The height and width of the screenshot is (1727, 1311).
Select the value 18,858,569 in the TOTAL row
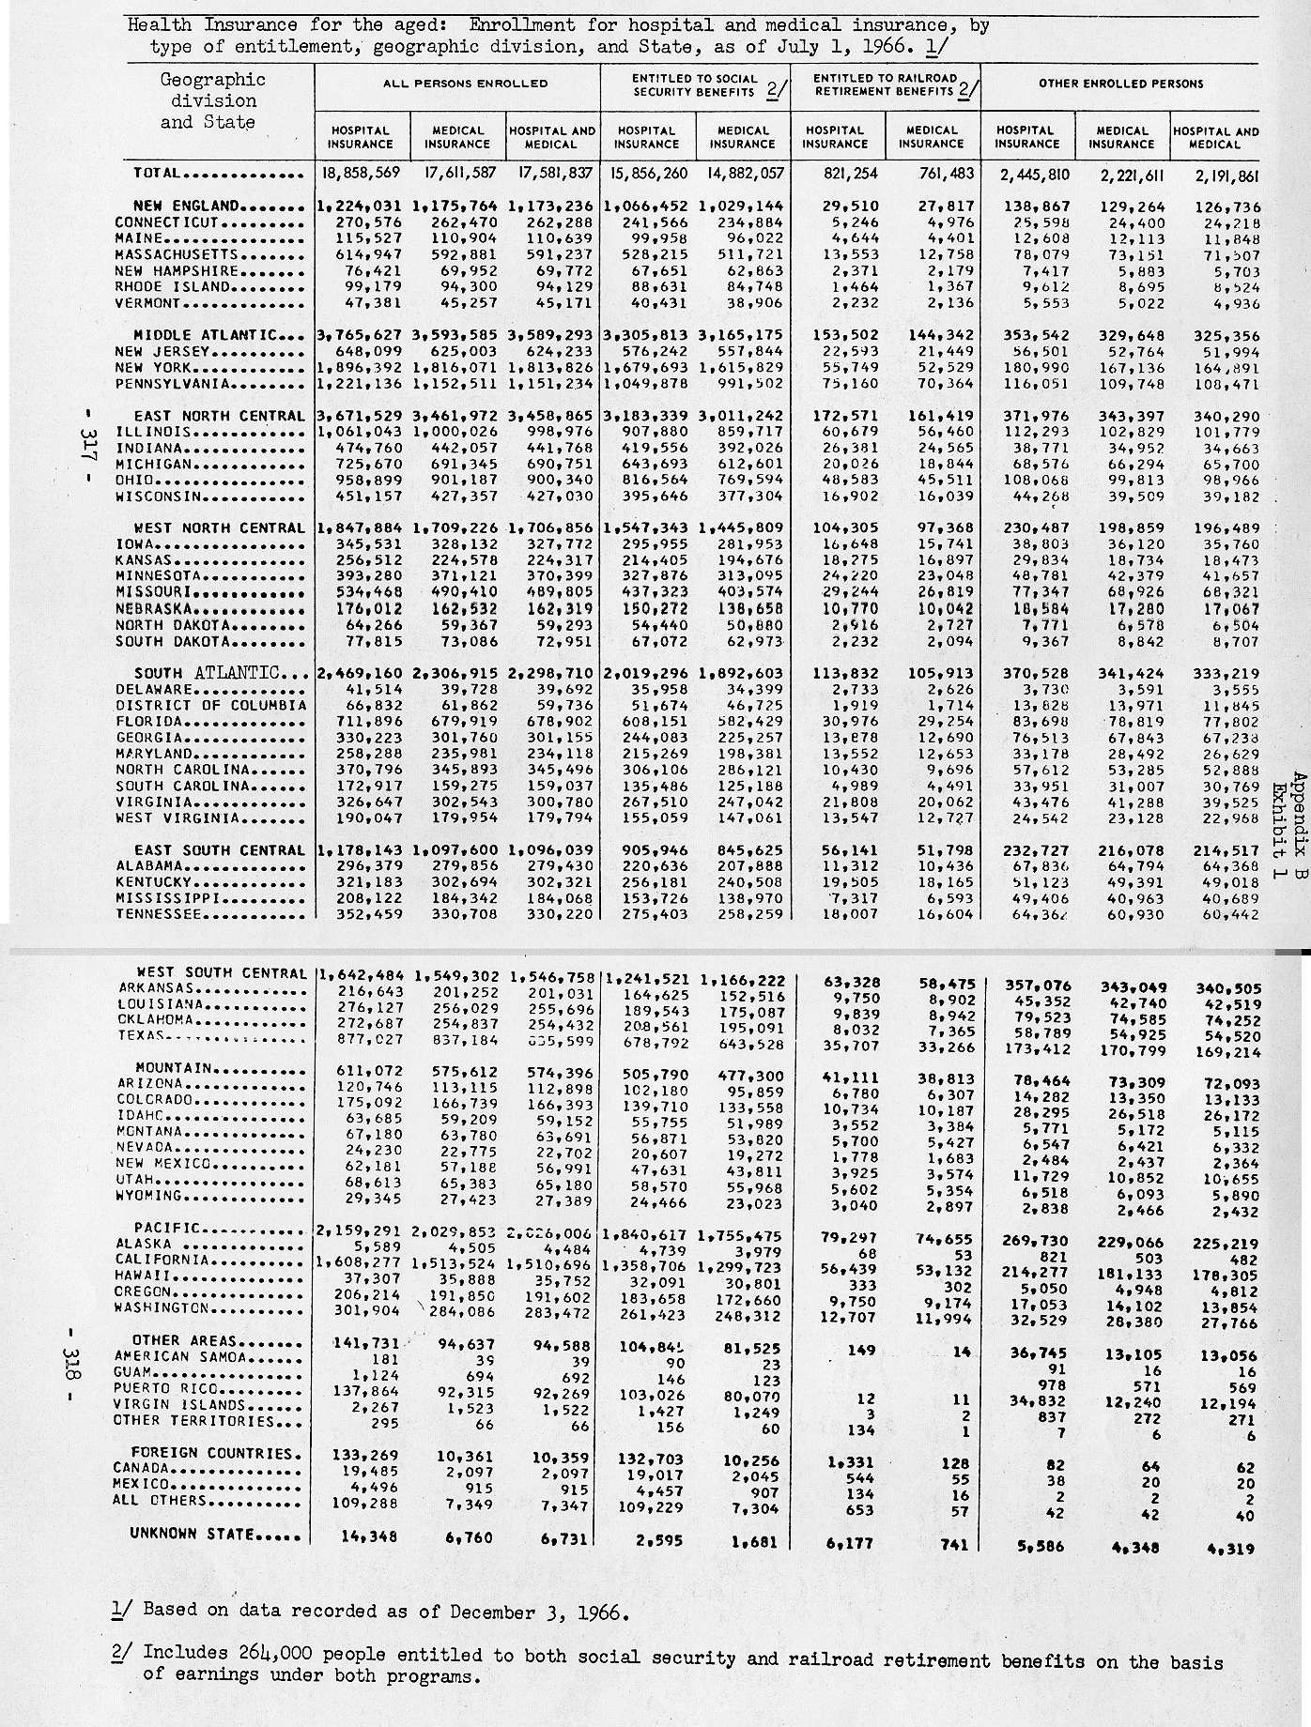click(360, 174)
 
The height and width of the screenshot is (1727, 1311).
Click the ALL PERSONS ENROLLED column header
click(456, 84)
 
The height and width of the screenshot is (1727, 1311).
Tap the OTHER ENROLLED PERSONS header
click(1120, 84)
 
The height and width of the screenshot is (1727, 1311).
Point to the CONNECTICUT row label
click(166, 223)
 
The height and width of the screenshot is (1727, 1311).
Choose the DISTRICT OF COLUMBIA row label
click(211, 706)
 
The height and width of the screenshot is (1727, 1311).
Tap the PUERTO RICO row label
click(165, 1389)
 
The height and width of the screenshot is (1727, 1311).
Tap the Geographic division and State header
click(208, 100)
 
